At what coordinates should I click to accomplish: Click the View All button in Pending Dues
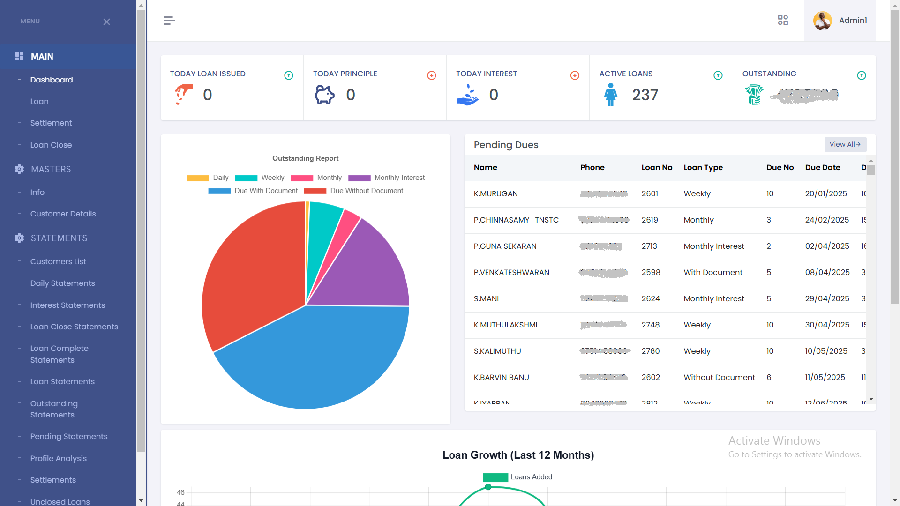click(845, 144)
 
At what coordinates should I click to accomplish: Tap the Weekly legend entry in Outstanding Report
click(260, 178)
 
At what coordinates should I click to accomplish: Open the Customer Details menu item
click(63, 214)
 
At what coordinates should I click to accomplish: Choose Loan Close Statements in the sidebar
click(74, 327)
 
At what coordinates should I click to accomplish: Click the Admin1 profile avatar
click(823, 21)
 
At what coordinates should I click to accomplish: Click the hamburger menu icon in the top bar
click(169, 21)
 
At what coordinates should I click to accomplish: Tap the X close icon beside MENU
click(107, 22)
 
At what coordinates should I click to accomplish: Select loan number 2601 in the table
click(650, 193)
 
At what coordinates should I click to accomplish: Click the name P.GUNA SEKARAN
click(505, 246)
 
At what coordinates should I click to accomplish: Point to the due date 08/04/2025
click(827, 272)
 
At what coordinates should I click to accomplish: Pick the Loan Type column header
click(703, 167)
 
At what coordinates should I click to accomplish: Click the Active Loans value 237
click(645, 95)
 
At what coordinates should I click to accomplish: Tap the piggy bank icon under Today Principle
click(324, 95)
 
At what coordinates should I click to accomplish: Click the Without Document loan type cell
click(719, 377)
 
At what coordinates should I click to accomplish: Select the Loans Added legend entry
click(517, 477)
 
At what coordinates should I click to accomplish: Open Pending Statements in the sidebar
click(69, 436)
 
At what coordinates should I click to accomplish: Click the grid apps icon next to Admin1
click(783, 20)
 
